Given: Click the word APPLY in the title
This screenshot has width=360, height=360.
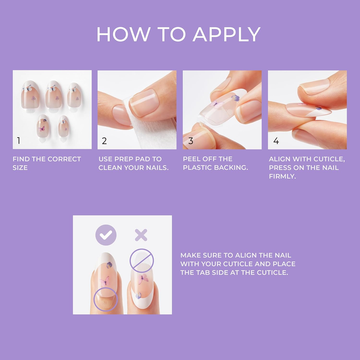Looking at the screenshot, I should (226, 34).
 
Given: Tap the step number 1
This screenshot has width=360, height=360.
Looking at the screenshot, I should (19, 141).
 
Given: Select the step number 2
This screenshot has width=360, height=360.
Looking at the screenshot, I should (104, 141).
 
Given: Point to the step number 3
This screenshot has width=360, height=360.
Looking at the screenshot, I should (190, 141).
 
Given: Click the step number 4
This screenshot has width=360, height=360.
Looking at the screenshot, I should (276, 141).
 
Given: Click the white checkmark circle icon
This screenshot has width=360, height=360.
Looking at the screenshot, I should (106, 235).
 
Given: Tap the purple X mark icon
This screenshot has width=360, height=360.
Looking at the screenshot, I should (141, 235).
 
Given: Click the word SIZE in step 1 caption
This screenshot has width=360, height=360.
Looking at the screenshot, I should (20, 168).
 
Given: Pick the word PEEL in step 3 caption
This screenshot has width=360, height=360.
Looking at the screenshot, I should (191, 159).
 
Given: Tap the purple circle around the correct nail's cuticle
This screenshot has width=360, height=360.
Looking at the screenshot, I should (106, 299).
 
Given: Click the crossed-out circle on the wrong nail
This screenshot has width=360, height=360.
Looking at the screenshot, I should (142, 261).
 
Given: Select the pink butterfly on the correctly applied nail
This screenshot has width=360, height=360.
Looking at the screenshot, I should (105, 280).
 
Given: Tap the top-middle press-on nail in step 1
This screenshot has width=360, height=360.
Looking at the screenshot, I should (52, 94).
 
